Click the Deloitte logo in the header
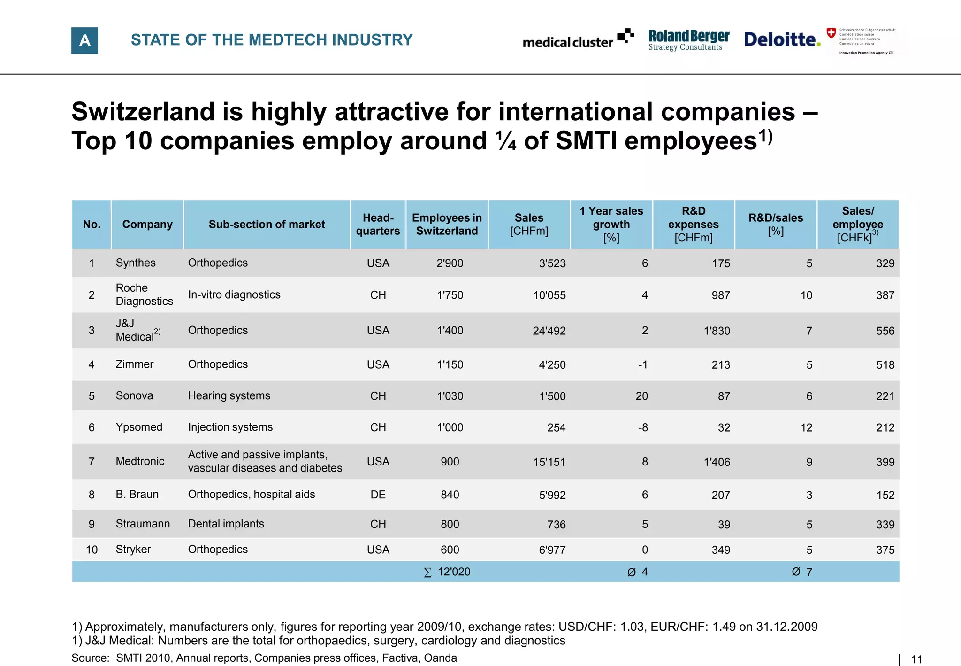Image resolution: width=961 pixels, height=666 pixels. click(x=781, y=40)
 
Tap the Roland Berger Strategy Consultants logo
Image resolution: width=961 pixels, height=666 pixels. click(x=688, y=40)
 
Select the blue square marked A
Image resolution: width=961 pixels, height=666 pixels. click(x=84, y=40)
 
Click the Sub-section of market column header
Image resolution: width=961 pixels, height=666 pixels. click(x=267, y=225)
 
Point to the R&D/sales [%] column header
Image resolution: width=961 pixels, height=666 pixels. click(x=775, y=225)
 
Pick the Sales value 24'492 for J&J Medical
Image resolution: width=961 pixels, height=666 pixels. click(x=549, y=331)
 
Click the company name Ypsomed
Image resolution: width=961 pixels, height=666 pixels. click(x=139, y=427)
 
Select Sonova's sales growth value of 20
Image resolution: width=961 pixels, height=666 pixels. click(x=641, y=396)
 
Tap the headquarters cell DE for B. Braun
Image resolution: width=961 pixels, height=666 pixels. click(x=378, y=495)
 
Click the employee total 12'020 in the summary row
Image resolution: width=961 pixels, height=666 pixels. click(x=453, y=572)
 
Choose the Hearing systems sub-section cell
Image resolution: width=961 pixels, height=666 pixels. click(x=229, y=396)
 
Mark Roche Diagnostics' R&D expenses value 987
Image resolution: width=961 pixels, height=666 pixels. click(x=720, y=295)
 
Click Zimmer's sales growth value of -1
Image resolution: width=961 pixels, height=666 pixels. click(x=642, y=365)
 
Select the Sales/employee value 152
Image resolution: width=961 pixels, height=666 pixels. click(x=885, y=495)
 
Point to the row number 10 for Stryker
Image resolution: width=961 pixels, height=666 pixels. click(x=92, y=550)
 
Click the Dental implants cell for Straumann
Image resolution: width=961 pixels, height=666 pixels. click(x=226, y=524)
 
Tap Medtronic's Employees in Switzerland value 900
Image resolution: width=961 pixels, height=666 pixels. click(x=450, y=462)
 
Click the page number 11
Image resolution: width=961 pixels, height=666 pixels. click(x=916, y=659)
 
